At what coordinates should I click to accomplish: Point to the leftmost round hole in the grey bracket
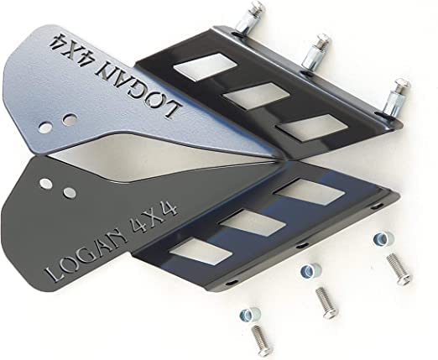tap(45, 128)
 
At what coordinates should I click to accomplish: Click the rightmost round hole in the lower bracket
tap(70, 192)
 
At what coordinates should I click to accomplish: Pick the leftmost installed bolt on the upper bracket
tap(249, 18)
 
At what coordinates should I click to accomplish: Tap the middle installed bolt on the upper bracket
tap(316, 52)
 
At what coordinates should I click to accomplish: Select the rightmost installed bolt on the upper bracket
tap(396, 98)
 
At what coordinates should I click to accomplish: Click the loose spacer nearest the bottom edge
tap(250, 314)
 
